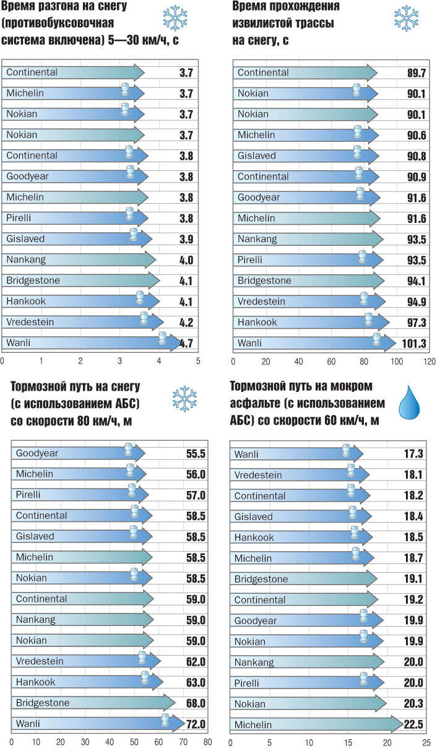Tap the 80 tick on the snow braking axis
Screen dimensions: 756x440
[x=208, y=742]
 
